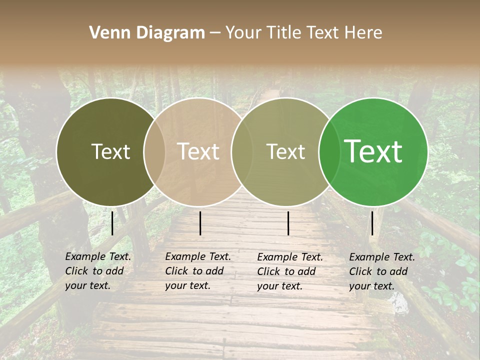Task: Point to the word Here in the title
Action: [x=363, y=33]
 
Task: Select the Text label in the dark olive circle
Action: [x=110, y=151]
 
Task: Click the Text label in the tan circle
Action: [x=198, y=151]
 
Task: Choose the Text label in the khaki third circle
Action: [x=285, y=151]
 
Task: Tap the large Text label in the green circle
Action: [x=373, y=151]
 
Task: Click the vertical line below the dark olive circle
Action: [x=112, y=223]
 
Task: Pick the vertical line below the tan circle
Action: [x=200, y=223]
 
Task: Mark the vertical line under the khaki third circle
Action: [x=288, y=223]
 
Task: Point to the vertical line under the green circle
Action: [x=372, y=223]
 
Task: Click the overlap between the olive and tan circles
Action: [x=154, y=151]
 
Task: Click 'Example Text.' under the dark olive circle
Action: [x=98, y=256]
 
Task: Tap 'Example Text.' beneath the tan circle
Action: [x=198, y=256]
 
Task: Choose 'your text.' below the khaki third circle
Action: [x=279, y=286]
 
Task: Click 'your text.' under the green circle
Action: [x=371, y=286]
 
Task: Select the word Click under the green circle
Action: [x=360, y=271]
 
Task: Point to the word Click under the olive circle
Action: [x=76, y=271]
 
